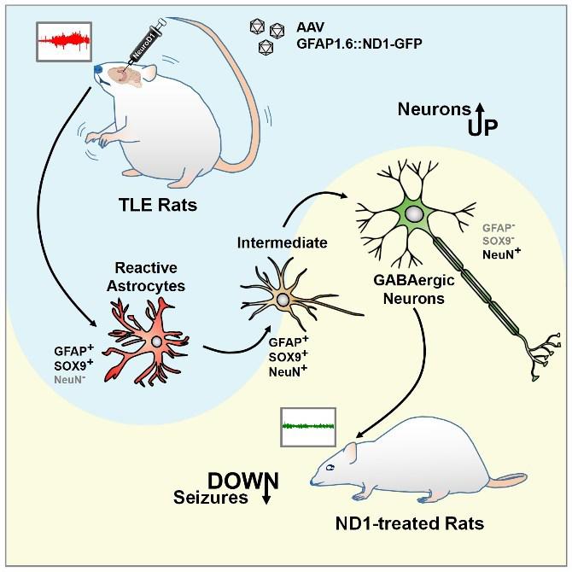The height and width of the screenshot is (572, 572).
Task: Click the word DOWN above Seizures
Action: (239, 480)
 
